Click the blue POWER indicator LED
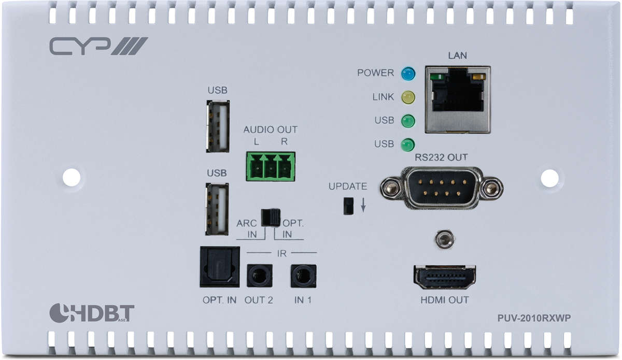click(408, 74)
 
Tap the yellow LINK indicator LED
click(408, 97)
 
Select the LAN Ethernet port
click(458, 99)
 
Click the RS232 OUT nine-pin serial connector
click(442, 188)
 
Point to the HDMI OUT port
click(445, 278)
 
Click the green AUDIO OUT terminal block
click(271, 167)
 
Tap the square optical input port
click(220, 267)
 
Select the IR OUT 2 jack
click(260, 276)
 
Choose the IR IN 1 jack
click(304, 276)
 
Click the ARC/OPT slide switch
click(271, 218)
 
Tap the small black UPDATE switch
click(348, 206)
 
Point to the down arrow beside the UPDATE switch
click(363, 205)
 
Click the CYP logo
click(98, 46)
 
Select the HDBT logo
click(92, 313)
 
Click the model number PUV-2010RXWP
click(534, 318)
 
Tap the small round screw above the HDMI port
click(445, 239)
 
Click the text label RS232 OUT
click(441, 157)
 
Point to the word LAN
click(457, 55)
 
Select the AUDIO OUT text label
click(271, 129)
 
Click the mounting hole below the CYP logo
click(72, 177)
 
